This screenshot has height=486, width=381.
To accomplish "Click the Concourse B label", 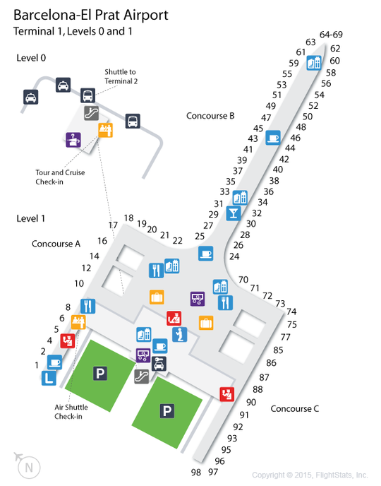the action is click(210, 116).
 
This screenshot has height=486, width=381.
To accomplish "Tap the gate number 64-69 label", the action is click(331, 35).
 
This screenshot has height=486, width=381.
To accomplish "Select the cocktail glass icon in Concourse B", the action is click(234, 213).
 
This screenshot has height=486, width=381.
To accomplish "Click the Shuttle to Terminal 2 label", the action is click(121, 76).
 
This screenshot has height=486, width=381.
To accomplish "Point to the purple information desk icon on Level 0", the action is click(73, 140).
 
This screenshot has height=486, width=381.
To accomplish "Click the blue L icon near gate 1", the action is click(49, 378).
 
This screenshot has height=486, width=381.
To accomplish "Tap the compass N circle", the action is click(29, 468).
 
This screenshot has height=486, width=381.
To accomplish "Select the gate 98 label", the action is click(196, 473).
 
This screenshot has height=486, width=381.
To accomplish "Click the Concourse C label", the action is click(295, 409).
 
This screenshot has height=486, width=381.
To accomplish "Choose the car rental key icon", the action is click(159, 364).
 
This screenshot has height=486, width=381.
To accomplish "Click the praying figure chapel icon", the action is click(180, 334).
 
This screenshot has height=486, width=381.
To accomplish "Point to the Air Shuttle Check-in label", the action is click(71, 412).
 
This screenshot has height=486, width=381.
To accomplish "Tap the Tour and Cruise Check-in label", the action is click(60, 177).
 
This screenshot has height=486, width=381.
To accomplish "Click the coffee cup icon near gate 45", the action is click(273, 138).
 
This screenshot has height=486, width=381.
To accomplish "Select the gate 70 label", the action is click(243, 280).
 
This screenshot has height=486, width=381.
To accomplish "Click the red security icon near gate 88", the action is click(227, 394).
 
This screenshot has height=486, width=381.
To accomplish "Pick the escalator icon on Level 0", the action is click(92, 113).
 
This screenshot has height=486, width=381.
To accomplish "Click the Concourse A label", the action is click(56, 244).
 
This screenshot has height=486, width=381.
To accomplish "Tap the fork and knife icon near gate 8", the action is click(88, 307).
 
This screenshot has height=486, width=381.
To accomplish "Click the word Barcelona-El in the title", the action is click(53, 16).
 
